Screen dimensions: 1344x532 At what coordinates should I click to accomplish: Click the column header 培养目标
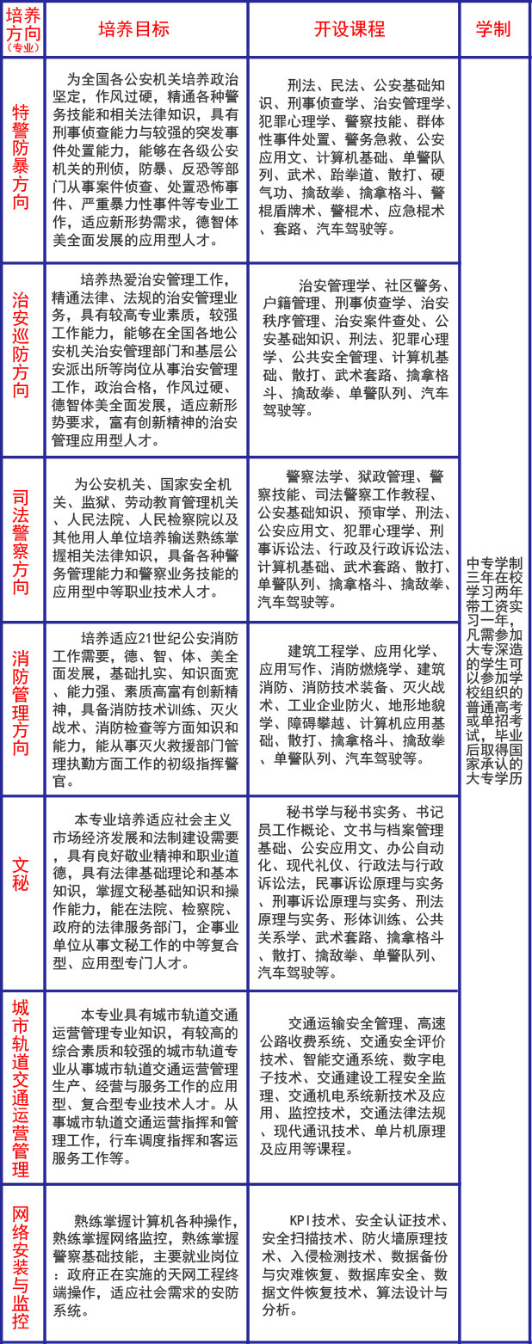pyautogui.click(x=145, y=28)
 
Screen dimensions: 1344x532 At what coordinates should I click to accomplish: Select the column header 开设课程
pyautogui.click(x=354, y=28)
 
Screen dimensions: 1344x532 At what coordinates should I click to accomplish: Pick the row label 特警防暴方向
pyautogui.click(x=22, y=158)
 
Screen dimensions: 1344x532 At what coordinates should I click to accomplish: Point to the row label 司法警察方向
pyautogui.click(x=22, y=541)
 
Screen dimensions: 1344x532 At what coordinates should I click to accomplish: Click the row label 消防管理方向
pyautogui.click(x=22, y=709)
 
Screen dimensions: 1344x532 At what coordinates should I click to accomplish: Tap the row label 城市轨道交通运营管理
pyautogui.click(x=22, y=1087)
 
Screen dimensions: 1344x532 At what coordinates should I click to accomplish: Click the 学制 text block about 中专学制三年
pyautogui.click(x=494, y=670)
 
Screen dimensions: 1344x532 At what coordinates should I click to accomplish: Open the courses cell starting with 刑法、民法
pyautogui.click(x=354, y=158)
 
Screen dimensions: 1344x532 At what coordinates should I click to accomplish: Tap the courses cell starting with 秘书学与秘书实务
pyautogui.click(x=354, y=892)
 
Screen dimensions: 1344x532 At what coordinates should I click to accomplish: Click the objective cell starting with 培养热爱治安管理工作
pyautogui.click(x=145, y=359)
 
